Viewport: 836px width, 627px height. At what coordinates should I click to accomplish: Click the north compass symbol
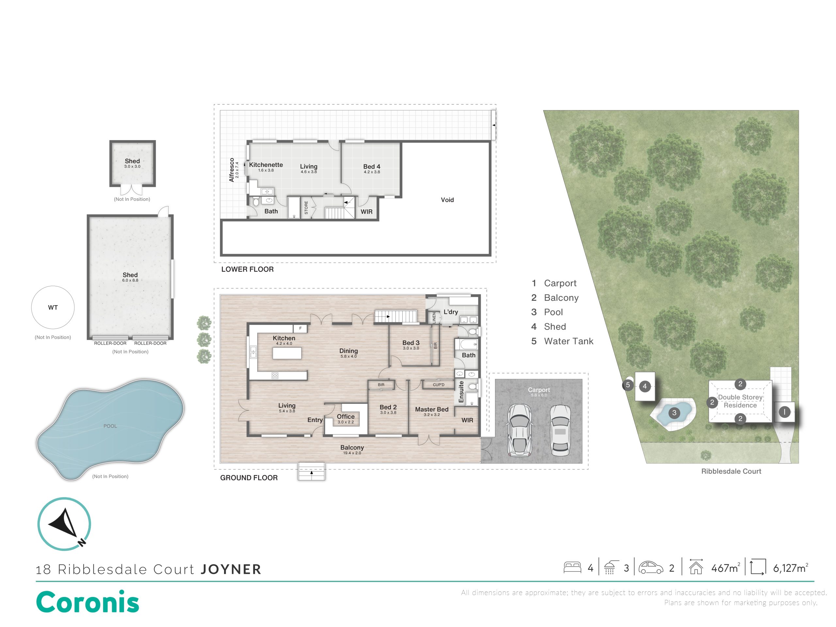click(x=64, y=524)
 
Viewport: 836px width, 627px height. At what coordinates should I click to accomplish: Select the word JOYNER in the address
click(x=231, y=569)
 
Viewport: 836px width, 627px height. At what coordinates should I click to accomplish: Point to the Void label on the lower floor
click(x=447, y=200)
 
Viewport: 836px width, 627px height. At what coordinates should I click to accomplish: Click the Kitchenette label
click(x=266, y=165)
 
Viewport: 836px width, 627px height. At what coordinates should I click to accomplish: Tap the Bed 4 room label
click(x=372, y=167)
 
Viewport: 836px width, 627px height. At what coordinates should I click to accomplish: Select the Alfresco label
click(x=232, y=170)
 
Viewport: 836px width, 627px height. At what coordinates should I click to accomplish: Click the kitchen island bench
click(x=287, y=353)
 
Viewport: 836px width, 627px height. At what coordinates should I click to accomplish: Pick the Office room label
click(x=346, y=416)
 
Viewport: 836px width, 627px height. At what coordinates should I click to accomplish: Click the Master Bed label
click(x=432, y=409)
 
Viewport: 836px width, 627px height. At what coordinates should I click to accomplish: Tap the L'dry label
click(x=451, y=312)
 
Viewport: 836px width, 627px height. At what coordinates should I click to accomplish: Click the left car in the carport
click(x=521, y=430)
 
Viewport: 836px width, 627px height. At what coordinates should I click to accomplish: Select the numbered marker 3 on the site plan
click(x=674, y=413)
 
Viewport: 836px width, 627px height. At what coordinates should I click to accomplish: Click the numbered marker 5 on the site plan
click(x=628, y=385)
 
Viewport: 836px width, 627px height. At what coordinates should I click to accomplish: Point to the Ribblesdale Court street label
click(x=731, y=471)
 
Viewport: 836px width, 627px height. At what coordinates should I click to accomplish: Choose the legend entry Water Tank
click(x=569, y=341)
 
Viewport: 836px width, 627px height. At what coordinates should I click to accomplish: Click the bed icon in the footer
click(x=572, y=568)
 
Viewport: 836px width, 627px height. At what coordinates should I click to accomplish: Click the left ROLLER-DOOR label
click(x=110, y=343)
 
